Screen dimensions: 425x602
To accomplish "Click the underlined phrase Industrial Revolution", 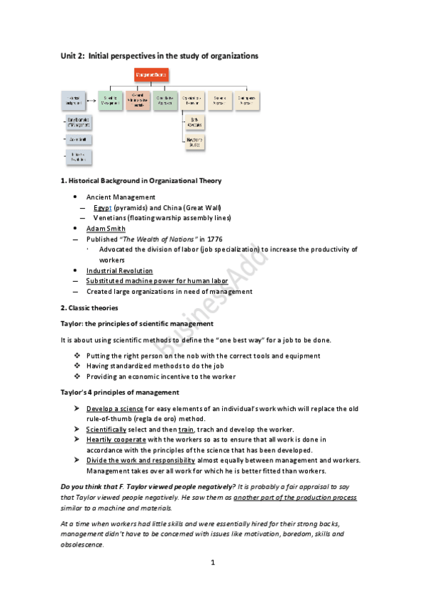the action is (x=119, y=270).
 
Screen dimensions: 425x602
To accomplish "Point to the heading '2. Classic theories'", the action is (x=89, y=307).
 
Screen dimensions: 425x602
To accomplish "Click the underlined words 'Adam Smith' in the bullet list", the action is (x=106, y=228).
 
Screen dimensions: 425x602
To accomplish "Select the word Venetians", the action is (x=109, y=217).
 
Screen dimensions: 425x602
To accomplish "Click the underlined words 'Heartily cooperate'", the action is (x=116, y=439).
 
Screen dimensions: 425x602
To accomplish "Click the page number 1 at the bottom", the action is (x=212, y=562).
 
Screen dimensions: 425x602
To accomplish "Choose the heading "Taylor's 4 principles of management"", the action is (x=119, y=392).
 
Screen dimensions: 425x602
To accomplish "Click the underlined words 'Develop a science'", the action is (x=116, y=408).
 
